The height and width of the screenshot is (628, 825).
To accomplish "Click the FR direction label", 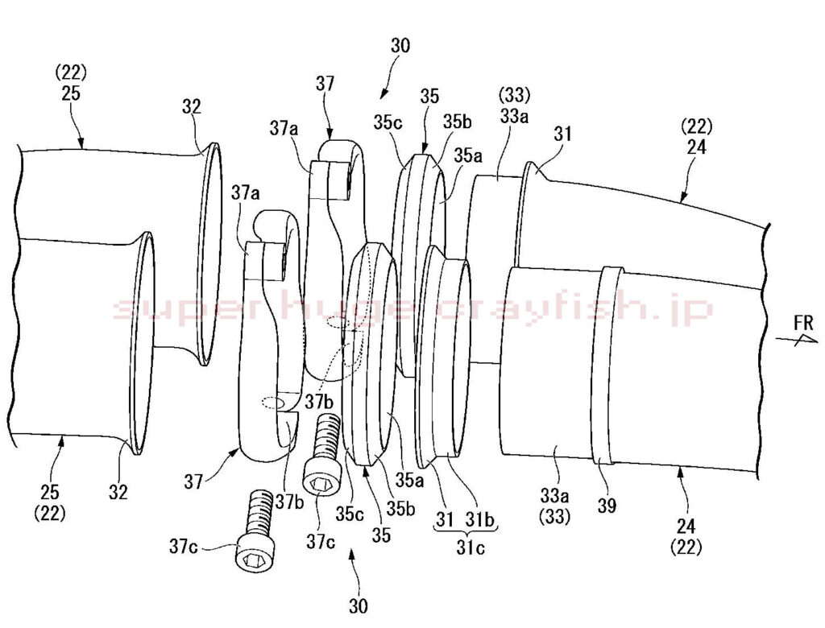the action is (805, 323).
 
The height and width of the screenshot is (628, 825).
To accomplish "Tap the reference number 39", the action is (607, 506).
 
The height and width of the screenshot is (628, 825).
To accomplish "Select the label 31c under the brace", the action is (471, 547).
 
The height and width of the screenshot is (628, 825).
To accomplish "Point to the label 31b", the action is (480, 519).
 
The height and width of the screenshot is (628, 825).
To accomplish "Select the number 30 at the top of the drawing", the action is (400, 46).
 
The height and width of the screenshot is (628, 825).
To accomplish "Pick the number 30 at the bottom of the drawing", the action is (359, 606).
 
